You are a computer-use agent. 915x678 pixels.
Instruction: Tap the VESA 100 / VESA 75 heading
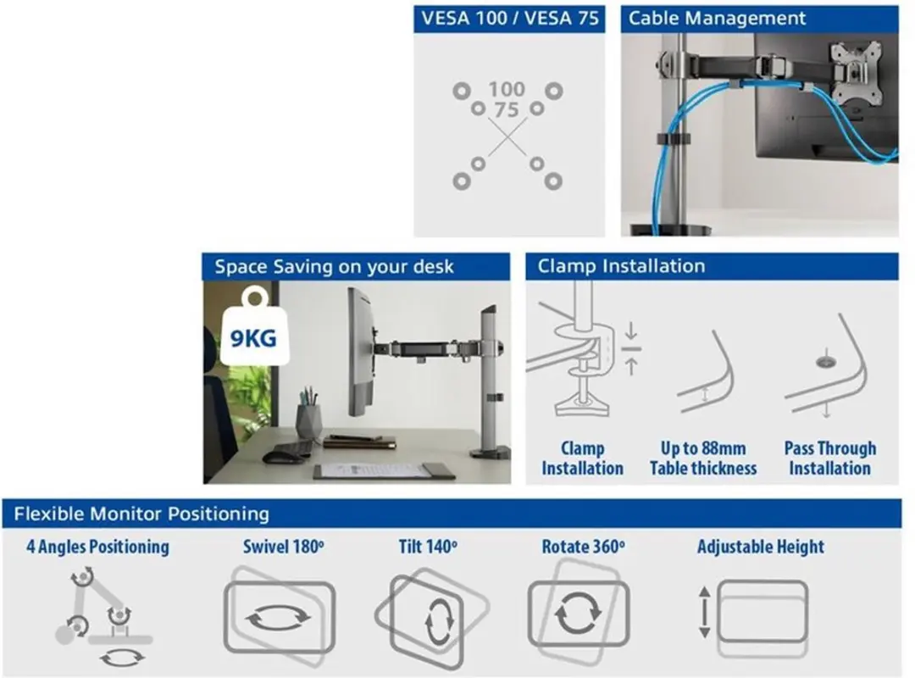pos(510,18)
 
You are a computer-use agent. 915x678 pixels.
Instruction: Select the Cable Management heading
pos(718,18)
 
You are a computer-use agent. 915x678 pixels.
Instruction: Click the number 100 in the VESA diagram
pos(507,89)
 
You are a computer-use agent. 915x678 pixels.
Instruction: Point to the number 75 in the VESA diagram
pos(506,110)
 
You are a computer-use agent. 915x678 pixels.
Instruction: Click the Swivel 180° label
pos(284,547)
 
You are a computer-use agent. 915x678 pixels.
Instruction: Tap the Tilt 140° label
pos(428,547)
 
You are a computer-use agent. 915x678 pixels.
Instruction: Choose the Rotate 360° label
pos(583,547)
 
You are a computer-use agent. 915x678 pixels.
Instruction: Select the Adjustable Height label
pos(761,547)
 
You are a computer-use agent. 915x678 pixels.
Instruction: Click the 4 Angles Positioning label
pos(98,547)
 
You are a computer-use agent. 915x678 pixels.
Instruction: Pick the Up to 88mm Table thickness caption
pos(703,458)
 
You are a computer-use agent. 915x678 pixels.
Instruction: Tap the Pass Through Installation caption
pos(829,458)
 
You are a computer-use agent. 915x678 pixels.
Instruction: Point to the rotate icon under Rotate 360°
pos(579,613)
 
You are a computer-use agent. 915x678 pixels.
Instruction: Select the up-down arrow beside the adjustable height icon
pos(704,612)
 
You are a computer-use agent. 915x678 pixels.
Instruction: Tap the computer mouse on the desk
pos(282,457)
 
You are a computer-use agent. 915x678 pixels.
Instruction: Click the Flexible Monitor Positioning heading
pos(141,514)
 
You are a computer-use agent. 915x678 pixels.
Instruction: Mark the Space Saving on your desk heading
pos(334,267)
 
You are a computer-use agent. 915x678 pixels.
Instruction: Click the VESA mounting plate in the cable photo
pos(856,70)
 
